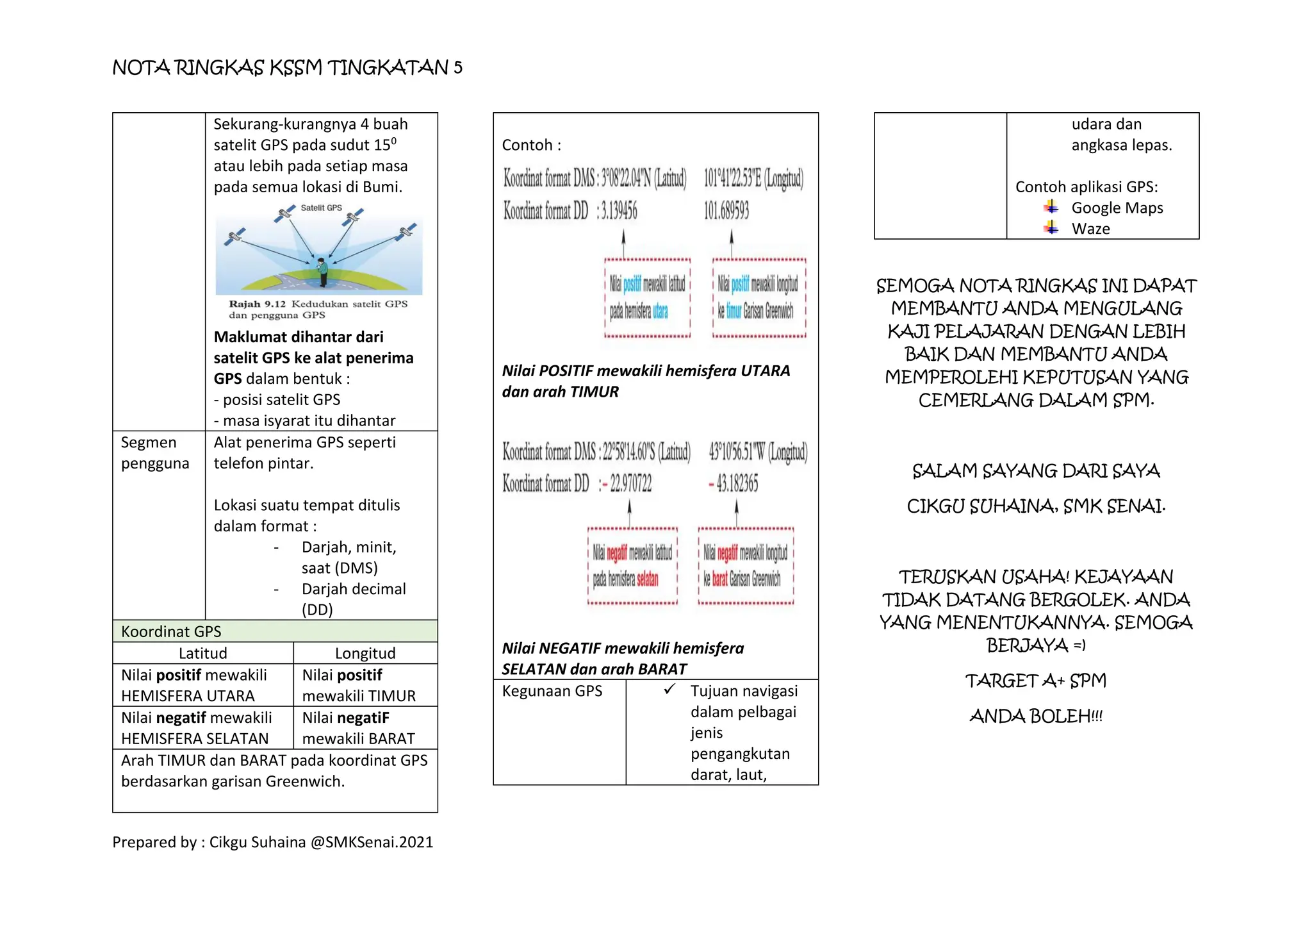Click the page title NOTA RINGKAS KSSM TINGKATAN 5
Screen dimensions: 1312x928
pyautogui.click(x=287, y=68)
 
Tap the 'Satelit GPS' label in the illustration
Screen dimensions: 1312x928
pyautogui.click(x=321, y=208)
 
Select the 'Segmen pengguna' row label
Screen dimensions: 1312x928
pyautogui.click(x=155, y=452)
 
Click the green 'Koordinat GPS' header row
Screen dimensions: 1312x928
pyautogui.click(x=275, y=631)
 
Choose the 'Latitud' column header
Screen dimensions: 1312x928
pyautogui.click(x=202, y=653)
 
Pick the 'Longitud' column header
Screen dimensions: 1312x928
pyautogui.click(x=365, y=653)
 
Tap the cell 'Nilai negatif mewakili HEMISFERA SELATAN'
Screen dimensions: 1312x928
pyautogui.click(x=196, y=728)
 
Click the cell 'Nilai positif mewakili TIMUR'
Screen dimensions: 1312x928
pyautogui.click(x=359, y=685)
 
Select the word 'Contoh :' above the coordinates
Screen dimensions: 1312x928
pyautogui.click(x=531, y=145)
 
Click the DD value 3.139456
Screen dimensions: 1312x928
pyautogui.click(x=617, y=210)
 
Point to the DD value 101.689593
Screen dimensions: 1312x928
pyautogui.click(x=726, y=210)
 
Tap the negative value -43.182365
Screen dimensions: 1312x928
pyautogui.click(x=734, y=483)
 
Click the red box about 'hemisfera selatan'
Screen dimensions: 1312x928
pyautogui.click(x=632, y=566)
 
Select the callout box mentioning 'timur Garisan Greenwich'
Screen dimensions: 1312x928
pyautogui.click(x=759, y=297)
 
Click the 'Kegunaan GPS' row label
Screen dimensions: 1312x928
pyautogui.click(x=552, y=691)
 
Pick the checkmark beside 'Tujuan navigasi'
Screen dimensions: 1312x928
pyautogui.click(x=669, y=690)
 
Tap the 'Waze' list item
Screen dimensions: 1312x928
pyautogui.click(x=1090, y=229)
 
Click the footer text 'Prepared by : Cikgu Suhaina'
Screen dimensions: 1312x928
pyautogui.click(x=273, y=842)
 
